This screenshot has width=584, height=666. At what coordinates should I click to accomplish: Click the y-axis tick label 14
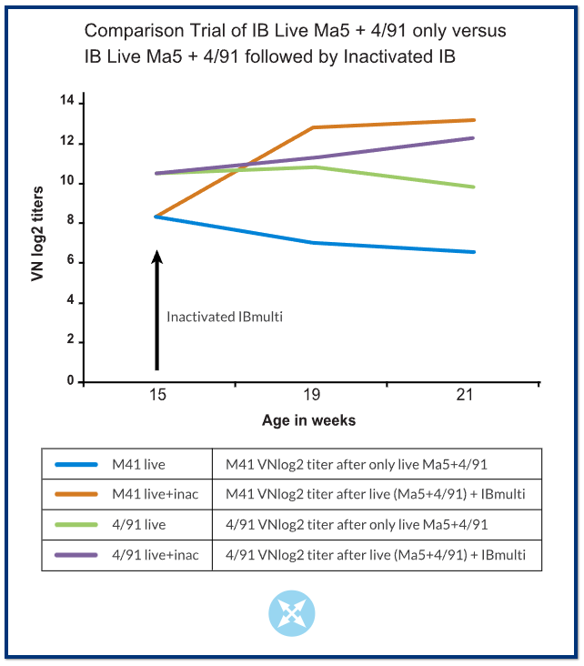click(65, 101)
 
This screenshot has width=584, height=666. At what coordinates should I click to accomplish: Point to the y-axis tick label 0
click(69, 382)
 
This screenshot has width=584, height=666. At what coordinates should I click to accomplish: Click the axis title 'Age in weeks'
click(309, 420)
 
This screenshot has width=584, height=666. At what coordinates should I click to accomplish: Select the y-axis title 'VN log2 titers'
click(38, 240)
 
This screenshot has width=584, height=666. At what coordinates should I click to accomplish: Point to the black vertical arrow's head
click(156, 257)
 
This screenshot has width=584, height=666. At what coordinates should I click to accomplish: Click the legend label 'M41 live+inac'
click(155, 495)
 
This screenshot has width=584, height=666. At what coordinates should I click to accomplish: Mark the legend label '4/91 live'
click(140, 525)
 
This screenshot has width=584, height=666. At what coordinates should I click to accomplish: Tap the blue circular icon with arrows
click(291, 613)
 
